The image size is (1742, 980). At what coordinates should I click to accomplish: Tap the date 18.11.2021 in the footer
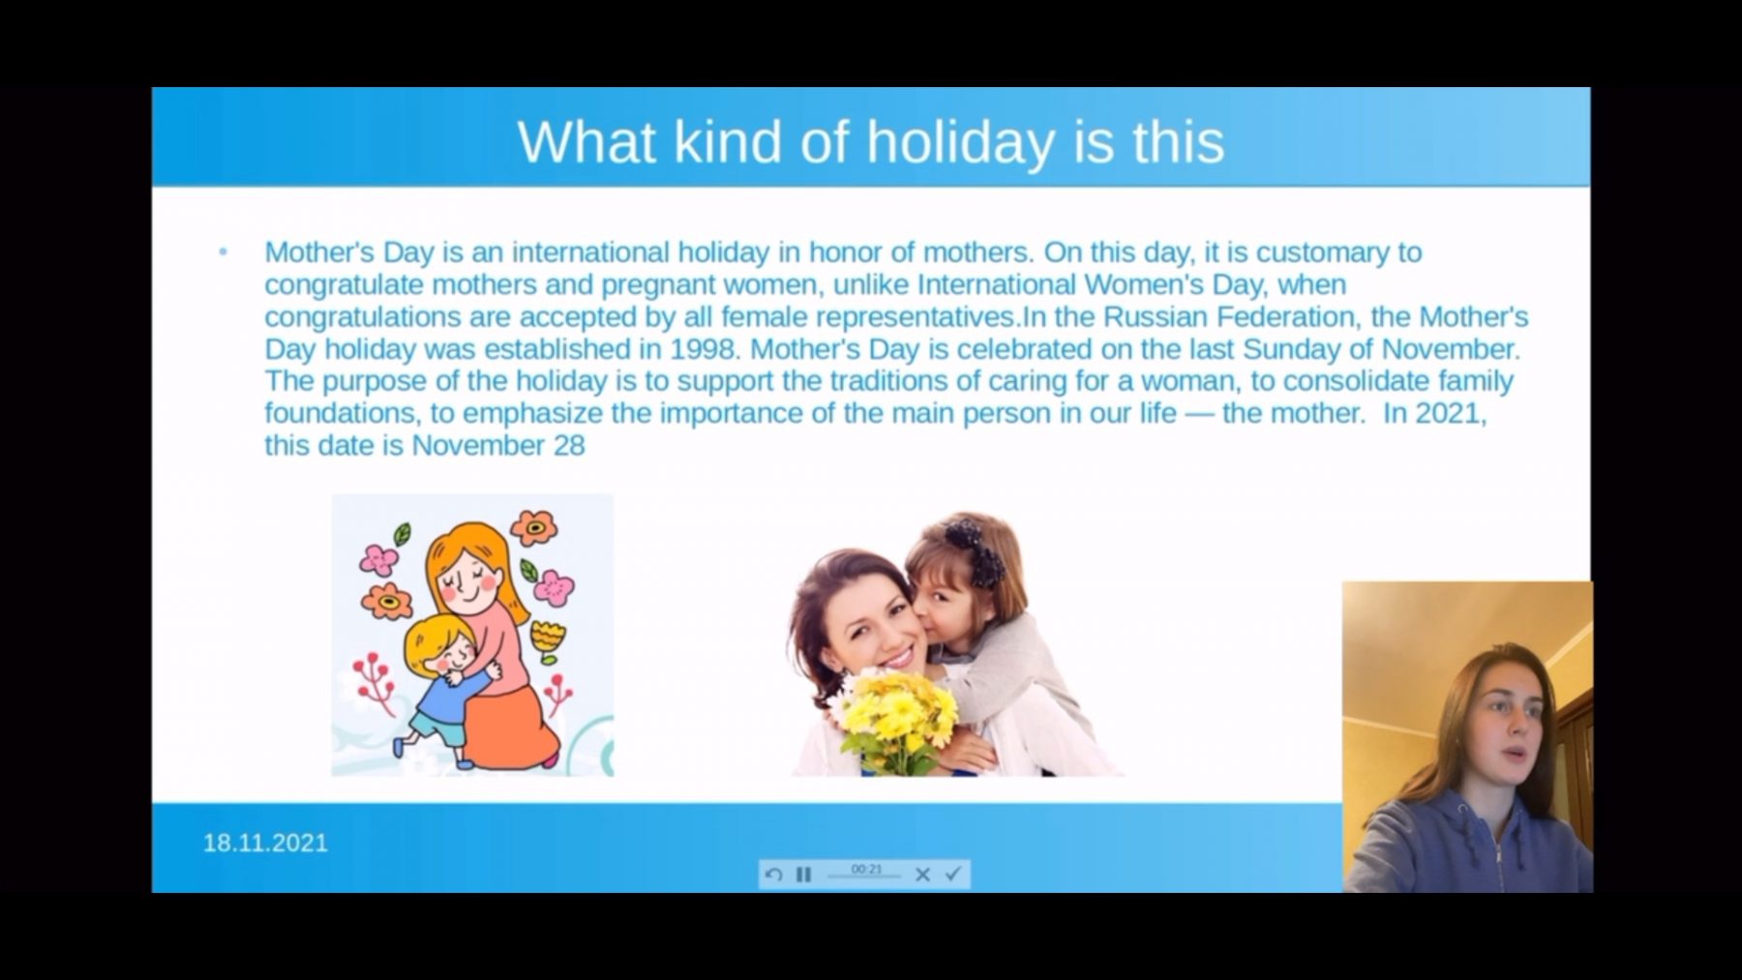(x=265, y=843)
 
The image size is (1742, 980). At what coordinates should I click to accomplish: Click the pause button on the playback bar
(x=803, y=875)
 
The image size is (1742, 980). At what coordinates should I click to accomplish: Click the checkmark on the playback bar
(x=952, y=874)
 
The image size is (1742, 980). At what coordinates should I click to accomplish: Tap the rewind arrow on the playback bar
(x=773, y=875)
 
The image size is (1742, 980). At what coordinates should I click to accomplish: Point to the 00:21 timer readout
(x=866, y=869)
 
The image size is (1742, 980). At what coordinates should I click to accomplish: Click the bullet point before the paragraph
(x=224, y=252)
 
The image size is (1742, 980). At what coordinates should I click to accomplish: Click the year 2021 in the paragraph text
(x=1448, y=413)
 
